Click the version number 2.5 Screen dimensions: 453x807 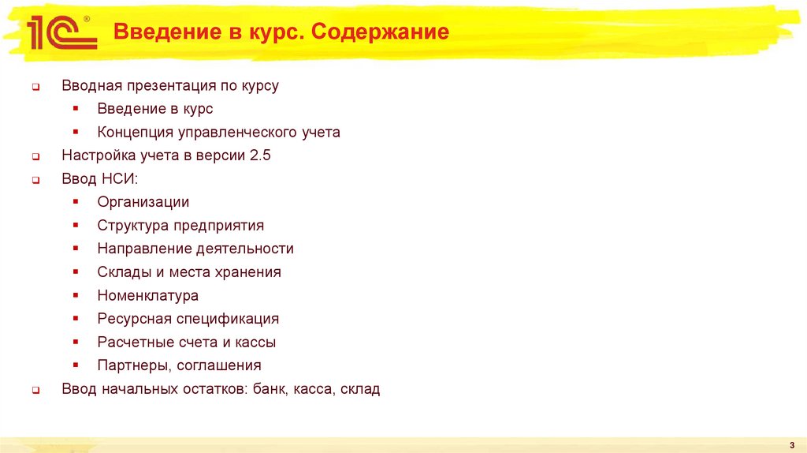[260, 155]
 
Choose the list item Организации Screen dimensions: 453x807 [143, 202]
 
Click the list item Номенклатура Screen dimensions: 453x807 [147, 296]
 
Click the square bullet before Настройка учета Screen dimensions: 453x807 [36, 157]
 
